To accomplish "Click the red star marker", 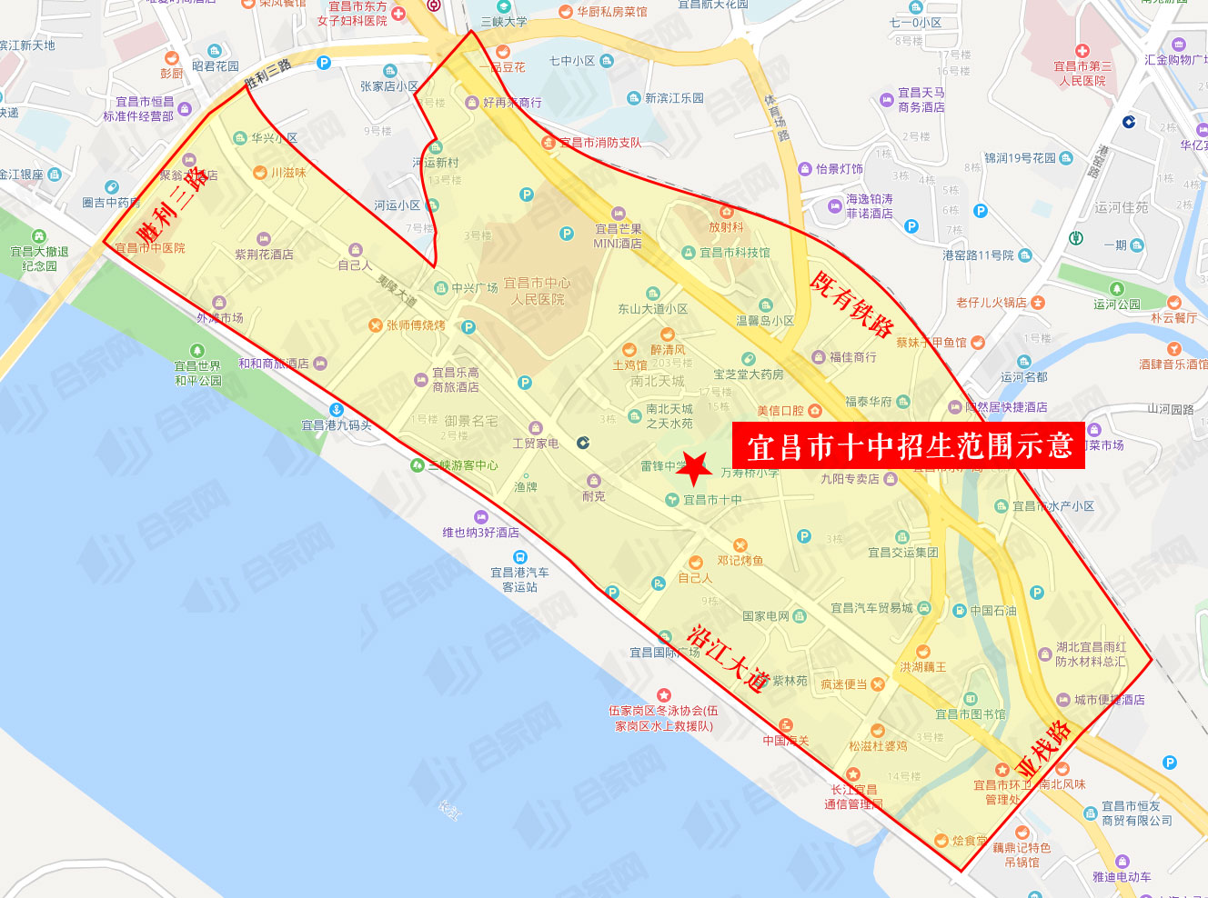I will [695, 468].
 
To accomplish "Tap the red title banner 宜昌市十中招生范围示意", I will [909, 446].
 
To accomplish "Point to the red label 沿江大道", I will [729, 657].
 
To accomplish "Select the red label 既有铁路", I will [851, 304].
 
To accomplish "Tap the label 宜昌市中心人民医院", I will [537, 291].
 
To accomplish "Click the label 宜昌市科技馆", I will [734, 253].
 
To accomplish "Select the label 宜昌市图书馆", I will [971, 714].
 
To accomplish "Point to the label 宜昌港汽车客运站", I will [520, 579].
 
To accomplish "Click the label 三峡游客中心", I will [463, 465].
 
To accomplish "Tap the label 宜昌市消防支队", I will [599, 143].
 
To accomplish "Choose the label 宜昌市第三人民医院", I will [1082, 73].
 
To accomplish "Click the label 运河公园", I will [1116, 304].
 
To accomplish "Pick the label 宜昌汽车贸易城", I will [871, 608].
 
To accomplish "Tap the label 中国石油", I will [992, 611].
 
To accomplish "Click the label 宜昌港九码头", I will [337, 424].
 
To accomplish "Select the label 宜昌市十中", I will [712, 500].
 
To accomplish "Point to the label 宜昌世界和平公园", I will [197, 373].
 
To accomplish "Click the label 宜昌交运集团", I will [902, 552].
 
